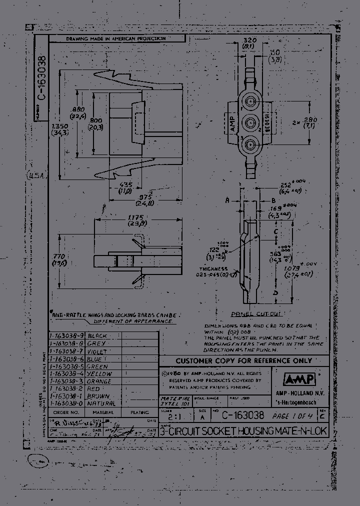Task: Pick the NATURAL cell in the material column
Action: pyautogui.click(x=101, y=403)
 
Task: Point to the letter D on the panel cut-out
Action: pyautogui.click(x=275, y=292)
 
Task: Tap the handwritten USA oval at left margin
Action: pyautogui.click(x=36, y=176)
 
